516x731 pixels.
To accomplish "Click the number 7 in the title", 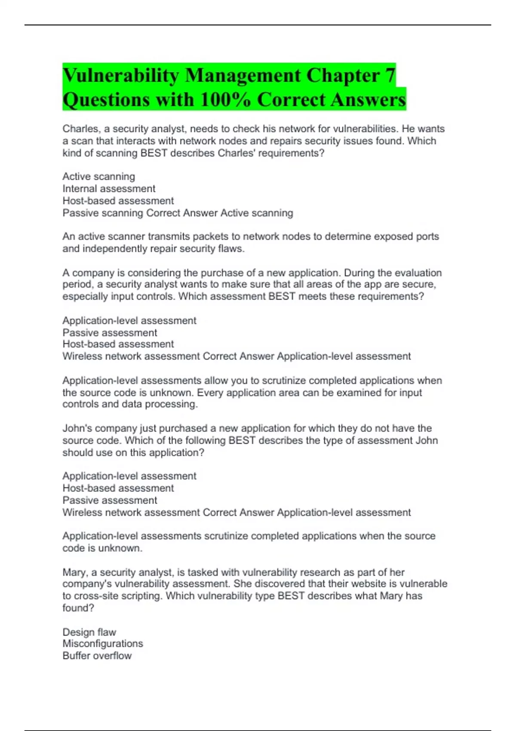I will coord(390,76).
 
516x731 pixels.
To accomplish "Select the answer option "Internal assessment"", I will coord(109,188).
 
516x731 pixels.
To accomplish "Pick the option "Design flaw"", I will coord(89,632).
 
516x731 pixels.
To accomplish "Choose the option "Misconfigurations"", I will coord(103,644).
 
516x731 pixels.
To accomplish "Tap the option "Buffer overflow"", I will coord(97,656).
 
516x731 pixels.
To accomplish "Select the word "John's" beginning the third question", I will coord(77,428).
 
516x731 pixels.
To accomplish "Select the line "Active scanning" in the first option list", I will coord(98,176).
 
